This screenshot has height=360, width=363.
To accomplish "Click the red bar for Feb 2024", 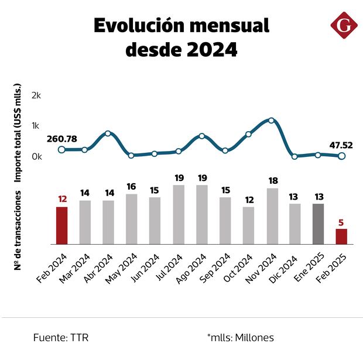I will (x=61, y=225).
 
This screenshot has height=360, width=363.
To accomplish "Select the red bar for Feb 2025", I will (x=341, y=236).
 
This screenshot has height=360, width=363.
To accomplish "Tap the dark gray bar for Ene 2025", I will (x=318, y=223).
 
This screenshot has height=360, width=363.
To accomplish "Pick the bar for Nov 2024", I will (x=272, y=215).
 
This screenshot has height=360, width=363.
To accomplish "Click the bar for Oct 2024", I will (x=248, y=225).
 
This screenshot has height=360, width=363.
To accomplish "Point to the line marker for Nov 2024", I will (x=272, y=121).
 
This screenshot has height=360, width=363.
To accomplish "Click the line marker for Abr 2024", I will (x=108, y=133).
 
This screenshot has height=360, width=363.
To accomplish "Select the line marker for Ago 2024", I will (x=201, y=136).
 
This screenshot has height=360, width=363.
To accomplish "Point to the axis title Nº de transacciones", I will (x=18, y=230).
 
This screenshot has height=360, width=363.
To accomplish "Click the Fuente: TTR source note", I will (x=61, y=337).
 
